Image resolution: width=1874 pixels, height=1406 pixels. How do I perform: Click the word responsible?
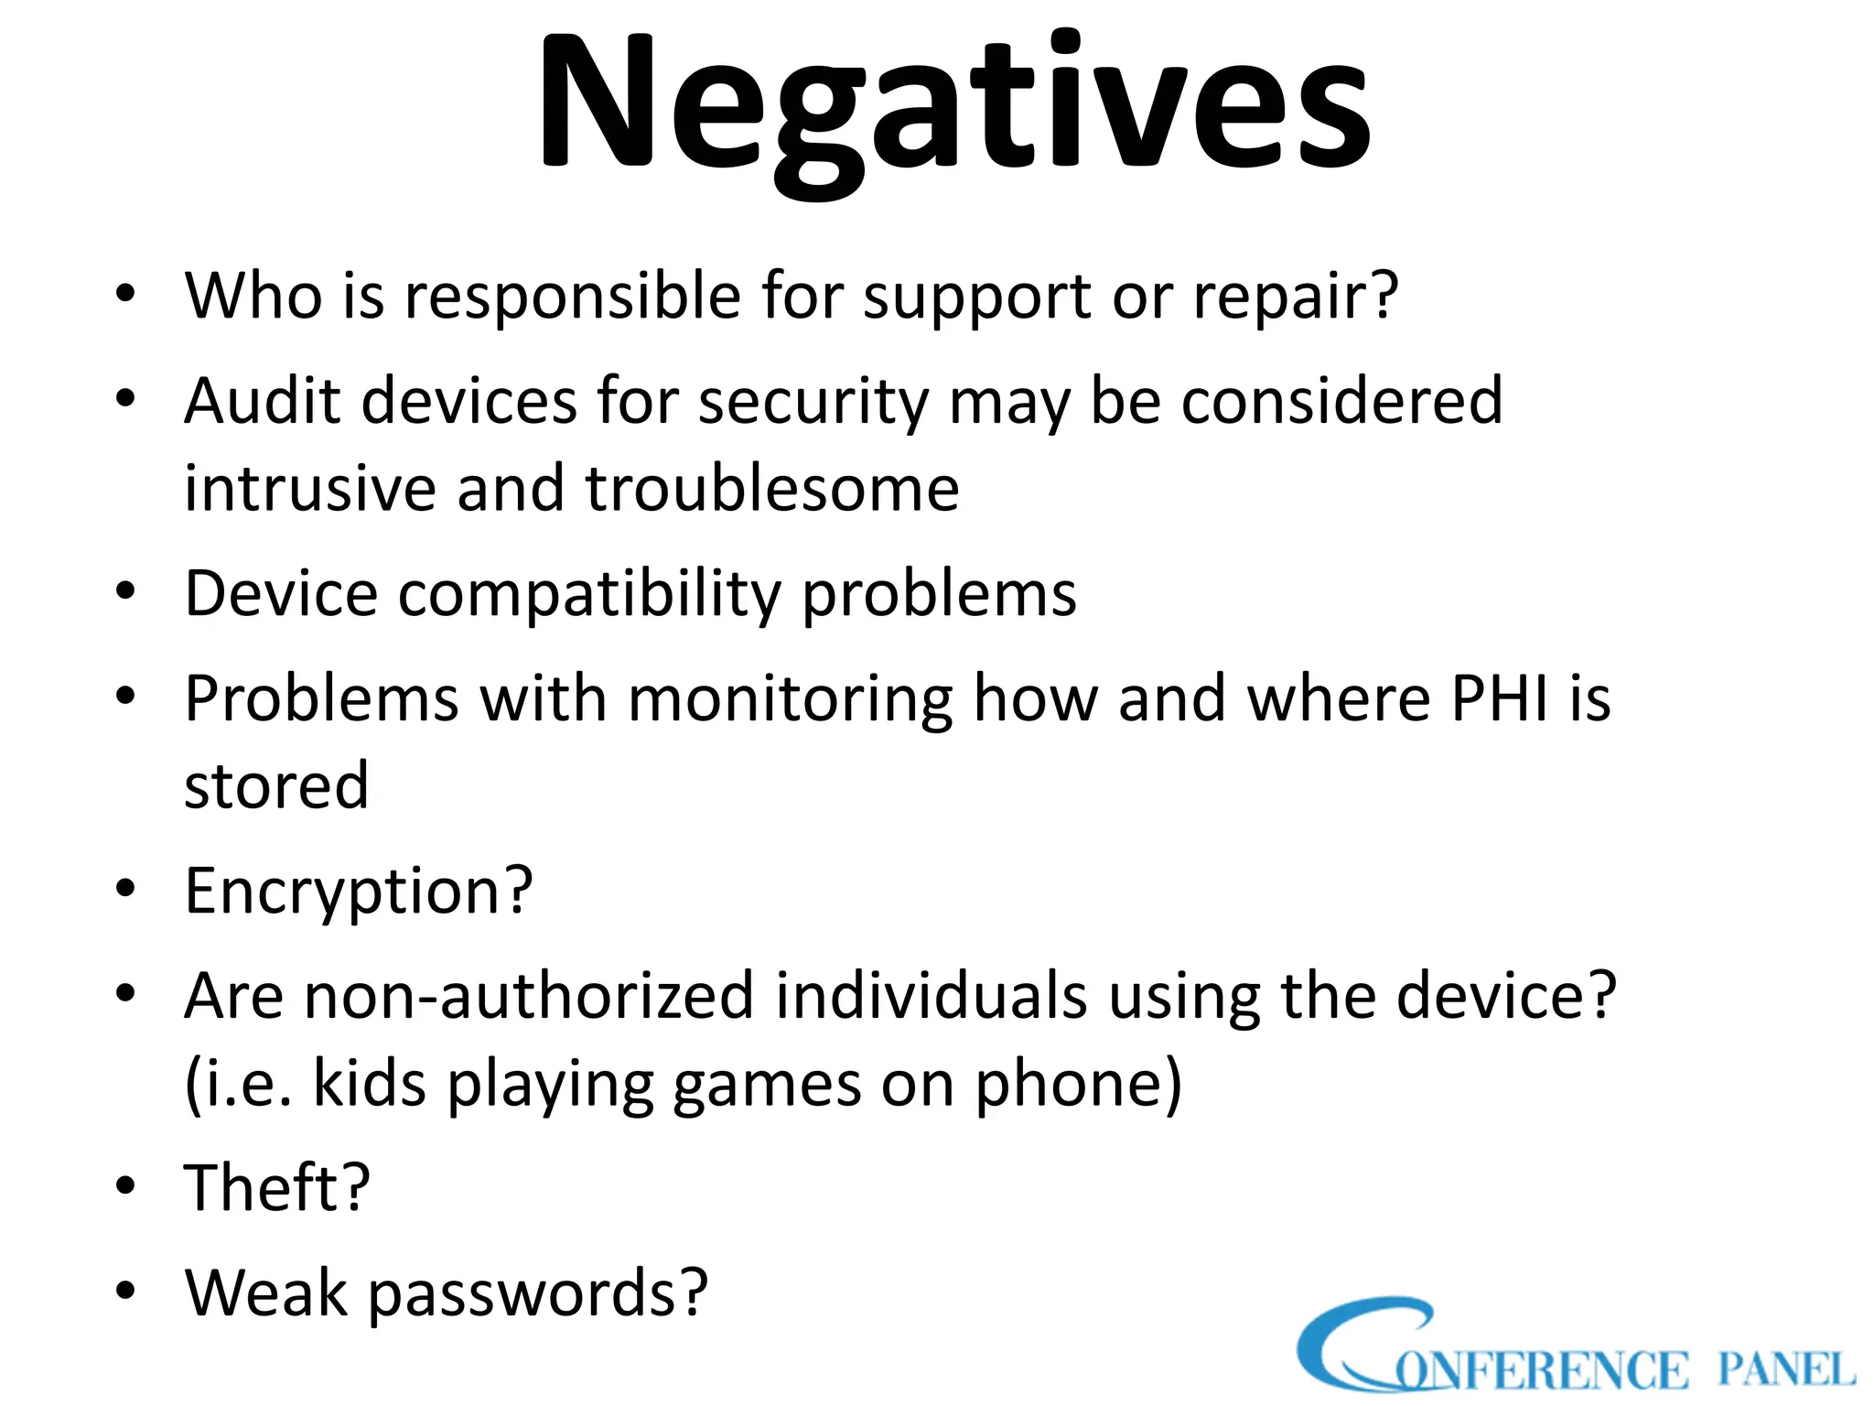573,297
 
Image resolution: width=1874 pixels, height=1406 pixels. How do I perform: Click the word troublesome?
772,488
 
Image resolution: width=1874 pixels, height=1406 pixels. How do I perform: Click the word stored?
276,786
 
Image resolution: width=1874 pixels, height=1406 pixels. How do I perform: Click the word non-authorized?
528,996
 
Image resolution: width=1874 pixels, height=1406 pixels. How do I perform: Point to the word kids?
370,1084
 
